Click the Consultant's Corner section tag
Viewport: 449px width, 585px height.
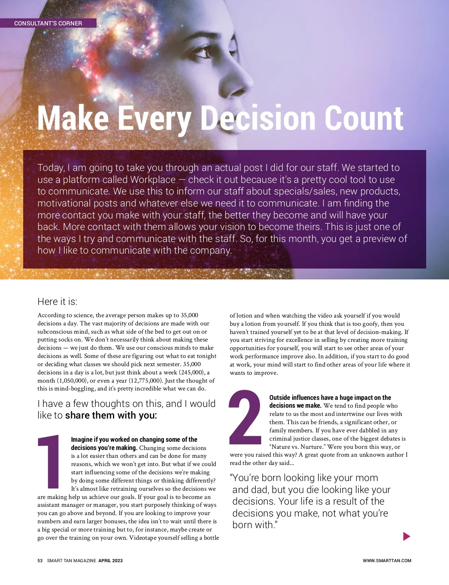tap(48, 23)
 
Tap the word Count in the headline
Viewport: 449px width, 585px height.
tap(364, 119)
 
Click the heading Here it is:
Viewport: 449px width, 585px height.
tap(57, 301)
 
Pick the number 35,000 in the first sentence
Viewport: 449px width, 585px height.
tap(189, 315)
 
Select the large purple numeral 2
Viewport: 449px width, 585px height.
tap(245, 418)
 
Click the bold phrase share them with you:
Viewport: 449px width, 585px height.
tap(111, 415)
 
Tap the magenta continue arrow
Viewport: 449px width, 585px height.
tap(406, 536)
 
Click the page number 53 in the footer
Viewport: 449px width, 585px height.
tap(40, 560)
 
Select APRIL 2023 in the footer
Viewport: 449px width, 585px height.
tap(110, 560)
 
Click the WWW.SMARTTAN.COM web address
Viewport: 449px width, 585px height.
tap(387, 560)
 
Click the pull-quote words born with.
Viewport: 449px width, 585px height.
tap(254, 525)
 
